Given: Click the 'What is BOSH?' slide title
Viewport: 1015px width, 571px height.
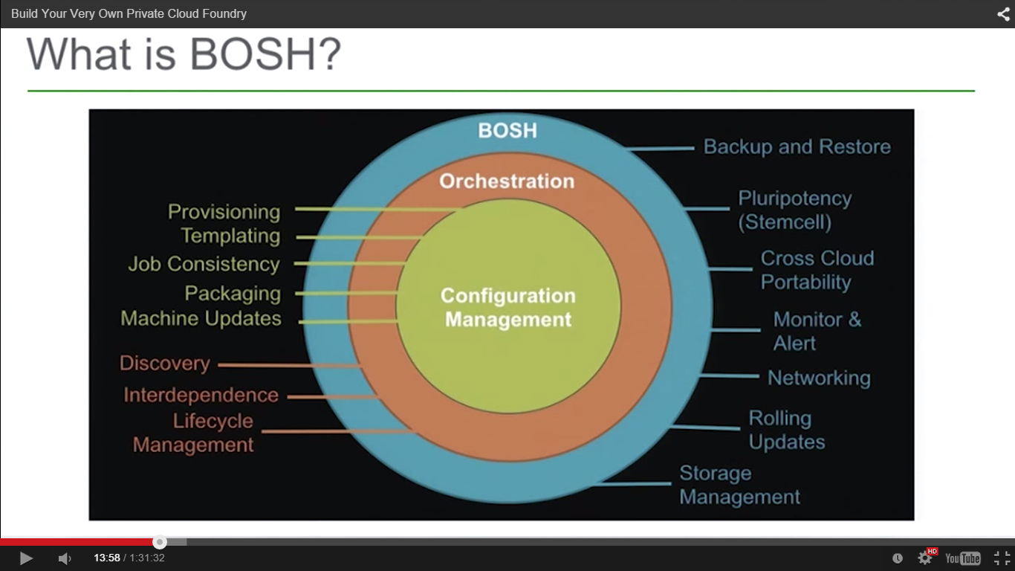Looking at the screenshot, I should [x=184, y=54].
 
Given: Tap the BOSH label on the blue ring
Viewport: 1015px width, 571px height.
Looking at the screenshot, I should [x=507, y=131].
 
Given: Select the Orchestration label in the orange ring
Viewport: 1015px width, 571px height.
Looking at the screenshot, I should [x=507, y=181].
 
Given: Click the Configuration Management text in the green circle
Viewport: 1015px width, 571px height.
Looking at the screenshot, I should [x=508, y=308].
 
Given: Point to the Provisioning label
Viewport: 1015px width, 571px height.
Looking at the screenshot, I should [x=224, y=212].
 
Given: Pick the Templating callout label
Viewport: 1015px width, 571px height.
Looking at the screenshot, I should [x=230, y=236].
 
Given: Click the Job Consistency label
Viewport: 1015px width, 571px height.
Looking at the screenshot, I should [x=204, y=264].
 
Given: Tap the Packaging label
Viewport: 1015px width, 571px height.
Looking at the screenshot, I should [x=233, y=294].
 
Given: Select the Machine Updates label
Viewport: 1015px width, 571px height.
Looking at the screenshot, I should [x=201, y=319].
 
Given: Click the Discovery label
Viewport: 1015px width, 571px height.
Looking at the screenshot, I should [x=165, y=364].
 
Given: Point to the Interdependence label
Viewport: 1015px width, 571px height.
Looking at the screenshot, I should [x=201, y=396].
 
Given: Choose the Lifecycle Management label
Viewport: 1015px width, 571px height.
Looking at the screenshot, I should [x=194, y=433].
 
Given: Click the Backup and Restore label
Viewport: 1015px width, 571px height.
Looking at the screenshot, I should [x=797, y=147].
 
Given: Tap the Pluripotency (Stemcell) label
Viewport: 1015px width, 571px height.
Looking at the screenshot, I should [x=794, y=210].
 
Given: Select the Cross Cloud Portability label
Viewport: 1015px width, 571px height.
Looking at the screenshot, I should [x=817, y=271].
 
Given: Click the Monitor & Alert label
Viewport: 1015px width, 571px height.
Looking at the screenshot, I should [x=817, y=332].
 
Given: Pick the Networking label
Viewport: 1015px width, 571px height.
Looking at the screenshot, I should [x=819, y=378].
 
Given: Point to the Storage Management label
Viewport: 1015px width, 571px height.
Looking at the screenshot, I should [x=739, y=485].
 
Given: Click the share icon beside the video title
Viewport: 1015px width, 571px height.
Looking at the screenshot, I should [x=1003, y=13].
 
